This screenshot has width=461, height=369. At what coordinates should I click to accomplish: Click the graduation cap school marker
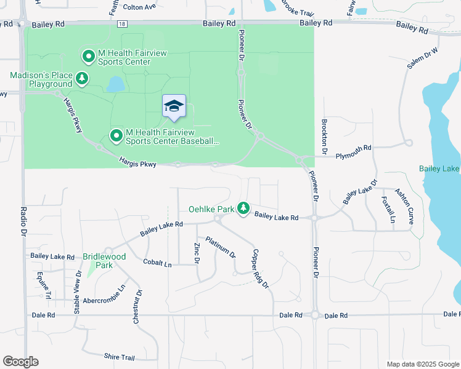pos(174,106)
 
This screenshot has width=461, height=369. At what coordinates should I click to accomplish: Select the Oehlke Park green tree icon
pos(243,209)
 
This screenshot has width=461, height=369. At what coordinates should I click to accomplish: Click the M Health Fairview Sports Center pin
pos(88,57)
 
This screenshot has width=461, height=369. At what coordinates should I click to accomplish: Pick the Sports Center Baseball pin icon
pos(115,135)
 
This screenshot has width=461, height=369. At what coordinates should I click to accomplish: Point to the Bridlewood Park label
pos(104,260)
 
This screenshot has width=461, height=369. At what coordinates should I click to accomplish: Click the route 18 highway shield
pos(123,23)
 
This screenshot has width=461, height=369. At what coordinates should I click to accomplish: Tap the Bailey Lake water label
pos(439,169)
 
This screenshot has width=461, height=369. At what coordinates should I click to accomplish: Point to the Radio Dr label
pos(23,221)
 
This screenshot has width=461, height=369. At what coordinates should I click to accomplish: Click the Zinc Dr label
pos(197,253)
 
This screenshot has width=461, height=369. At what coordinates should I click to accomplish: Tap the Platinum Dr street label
pos(221,247)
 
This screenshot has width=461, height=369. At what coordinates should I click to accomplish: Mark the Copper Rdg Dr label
pos(260,268)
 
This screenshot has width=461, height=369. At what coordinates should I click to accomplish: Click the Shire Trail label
pos(120,357)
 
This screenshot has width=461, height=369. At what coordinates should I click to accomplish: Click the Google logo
pos(20,362)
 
